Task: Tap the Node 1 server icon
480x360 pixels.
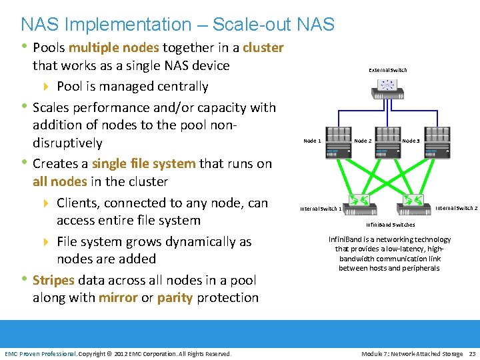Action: click(338, 143)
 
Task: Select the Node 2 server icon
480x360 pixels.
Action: click(388, 143)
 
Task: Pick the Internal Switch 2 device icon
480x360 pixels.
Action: click(417, 201)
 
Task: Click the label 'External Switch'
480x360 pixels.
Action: click(387, 69)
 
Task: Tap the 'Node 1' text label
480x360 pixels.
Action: click(312, 141)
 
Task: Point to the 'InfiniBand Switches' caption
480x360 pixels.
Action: click(390, 225)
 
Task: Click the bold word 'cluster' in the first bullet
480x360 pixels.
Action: click(263, 48)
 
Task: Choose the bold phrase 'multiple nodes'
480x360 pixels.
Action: click(113, 48)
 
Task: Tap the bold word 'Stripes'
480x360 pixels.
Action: click(53, 280)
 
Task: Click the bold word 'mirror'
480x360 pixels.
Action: click(118, 297)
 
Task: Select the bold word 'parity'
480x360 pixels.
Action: click(175, 297)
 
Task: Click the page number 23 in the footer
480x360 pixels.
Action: click(472, 353)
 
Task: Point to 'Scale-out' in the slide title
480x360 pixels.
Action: click(243, 25)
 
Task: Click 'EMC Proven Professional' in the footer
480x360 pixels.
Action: click(39, 353)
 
